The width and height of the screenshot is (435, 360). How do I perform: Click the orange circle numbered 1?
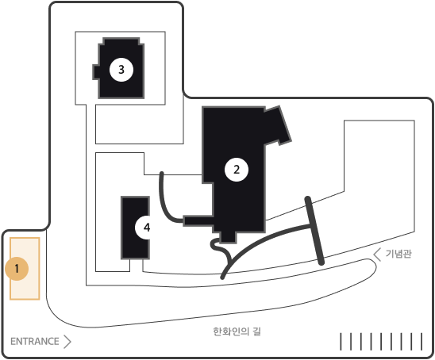click(17, 269)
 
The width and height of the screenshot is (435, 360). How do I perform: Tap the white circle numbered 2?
click(237, 170)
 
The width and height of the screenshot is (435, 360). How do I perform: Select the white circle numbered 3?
click(121, 70)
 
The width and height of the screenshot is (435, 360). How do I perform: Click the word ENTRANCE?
click(35, 342)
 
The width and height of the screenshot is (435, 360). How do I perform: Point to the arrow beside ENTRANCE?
click(67, 342)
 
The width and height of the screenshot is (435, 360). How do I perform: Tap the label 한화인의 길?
click(237, 331)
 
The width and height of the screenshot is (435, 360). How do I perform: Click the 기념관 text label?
click(398, 254)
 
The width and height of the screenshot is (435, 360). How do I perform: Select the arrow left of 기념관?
click(377, 255)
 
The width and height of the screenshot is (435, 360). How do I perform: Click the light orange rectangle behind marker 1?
click(25, 269)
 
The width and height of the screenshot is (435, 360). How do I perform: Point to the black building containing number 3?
click(119, 68)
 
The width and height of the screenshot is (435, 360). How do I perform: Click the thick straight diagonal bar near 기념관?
click(314, 231)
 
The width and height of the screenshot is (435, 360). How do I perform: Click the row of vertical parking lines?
click(381, 342)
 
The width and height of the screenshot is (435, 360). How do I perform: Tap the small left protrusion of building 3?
click(96, 72)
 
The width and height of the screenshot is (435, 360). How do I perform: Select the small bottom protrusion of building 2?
click(228, 238)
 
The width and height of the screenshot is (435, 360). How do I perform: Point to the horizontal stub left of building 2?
click(198, 221)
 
